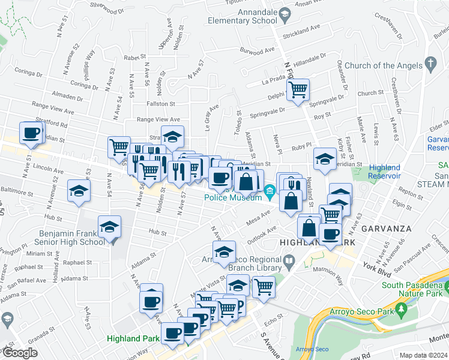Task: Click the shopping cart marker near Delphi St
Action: pos(298,90)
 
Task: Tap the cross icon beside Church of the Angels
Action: pos(430,62)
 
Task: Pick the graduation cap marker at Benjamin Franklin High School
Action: pos(109,227)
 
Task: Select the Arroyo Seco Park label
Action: pos(363,312)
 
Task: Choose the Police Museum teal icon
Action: pos(270,193)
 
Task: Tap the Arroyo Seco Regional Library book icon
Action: pos(289,260)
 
